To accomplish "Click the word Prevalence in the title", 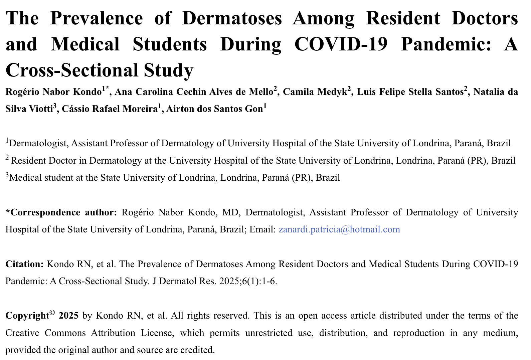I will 97,18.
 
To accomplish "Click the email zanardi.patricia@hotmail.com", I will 339,229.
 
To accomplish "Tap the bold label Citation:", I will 24,264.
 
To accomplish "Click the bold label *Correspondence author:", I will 61,212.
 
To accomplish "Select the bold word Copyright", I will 27,316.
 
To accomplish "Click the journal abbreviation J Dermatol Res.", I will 184,281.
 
